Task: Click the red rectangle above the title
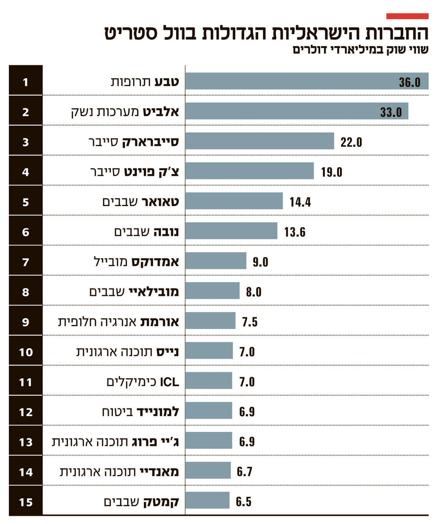[407, 16]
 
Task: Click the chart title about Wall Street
[266, 33]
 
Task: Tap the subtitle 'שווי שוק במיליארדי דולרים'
[361, 50]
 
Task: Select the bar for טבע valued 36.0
[306, 81]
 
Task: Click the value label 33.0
[391, 112]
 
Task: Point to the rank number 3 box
[26, 142]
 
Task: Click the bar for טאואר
[234, 201]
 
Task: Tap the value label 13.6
[295, 232]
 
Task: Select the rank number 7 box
[26, 262]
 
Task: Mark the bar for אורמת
[210, 321]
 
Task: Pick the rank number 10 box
[26, 352]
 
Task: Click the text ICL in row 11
[169, 382]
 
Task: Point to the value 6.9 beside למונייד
[247, 412]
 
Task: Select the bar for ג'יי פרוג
[209, 441]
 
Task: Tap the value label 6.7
[245, 472]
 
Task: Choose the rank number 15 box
[26, 502]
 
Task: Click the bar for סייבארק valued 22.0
[259, 141]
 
